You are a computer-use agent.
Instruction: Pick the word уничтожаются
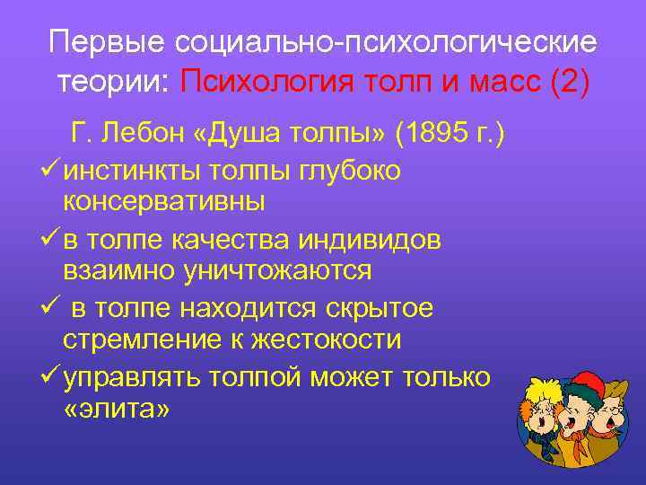click(294, 269)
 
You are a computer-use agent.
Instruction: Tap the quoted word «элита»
click(118, 409)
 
